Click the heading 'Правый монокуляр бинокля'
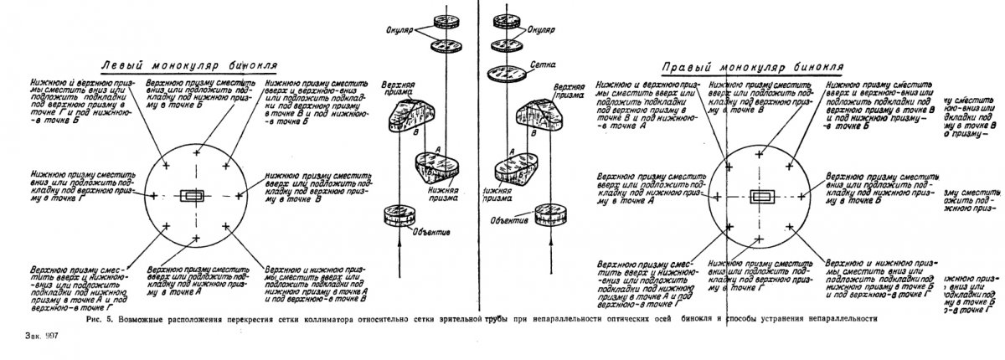click(751, 66)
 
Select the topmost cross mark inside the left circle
click(198, 153)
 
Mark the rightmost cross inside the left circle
click(240, 196)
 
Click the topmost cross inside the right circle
click(760, 154)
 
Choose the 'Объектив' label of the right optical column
click(509, 220)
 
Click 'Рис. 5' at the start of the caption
click(100, 319)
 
